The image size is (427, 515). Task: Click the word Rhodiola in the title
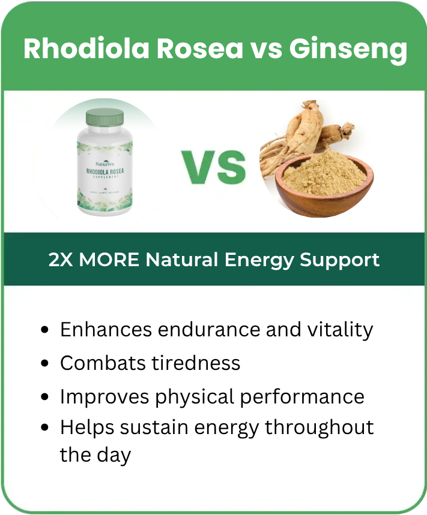86,49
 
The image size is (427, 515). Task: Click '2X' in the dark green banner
60,260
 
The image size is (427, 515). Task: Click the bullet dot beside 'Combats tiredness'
44,364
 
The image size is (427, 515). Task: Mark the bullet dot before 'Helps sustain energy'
44,428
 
